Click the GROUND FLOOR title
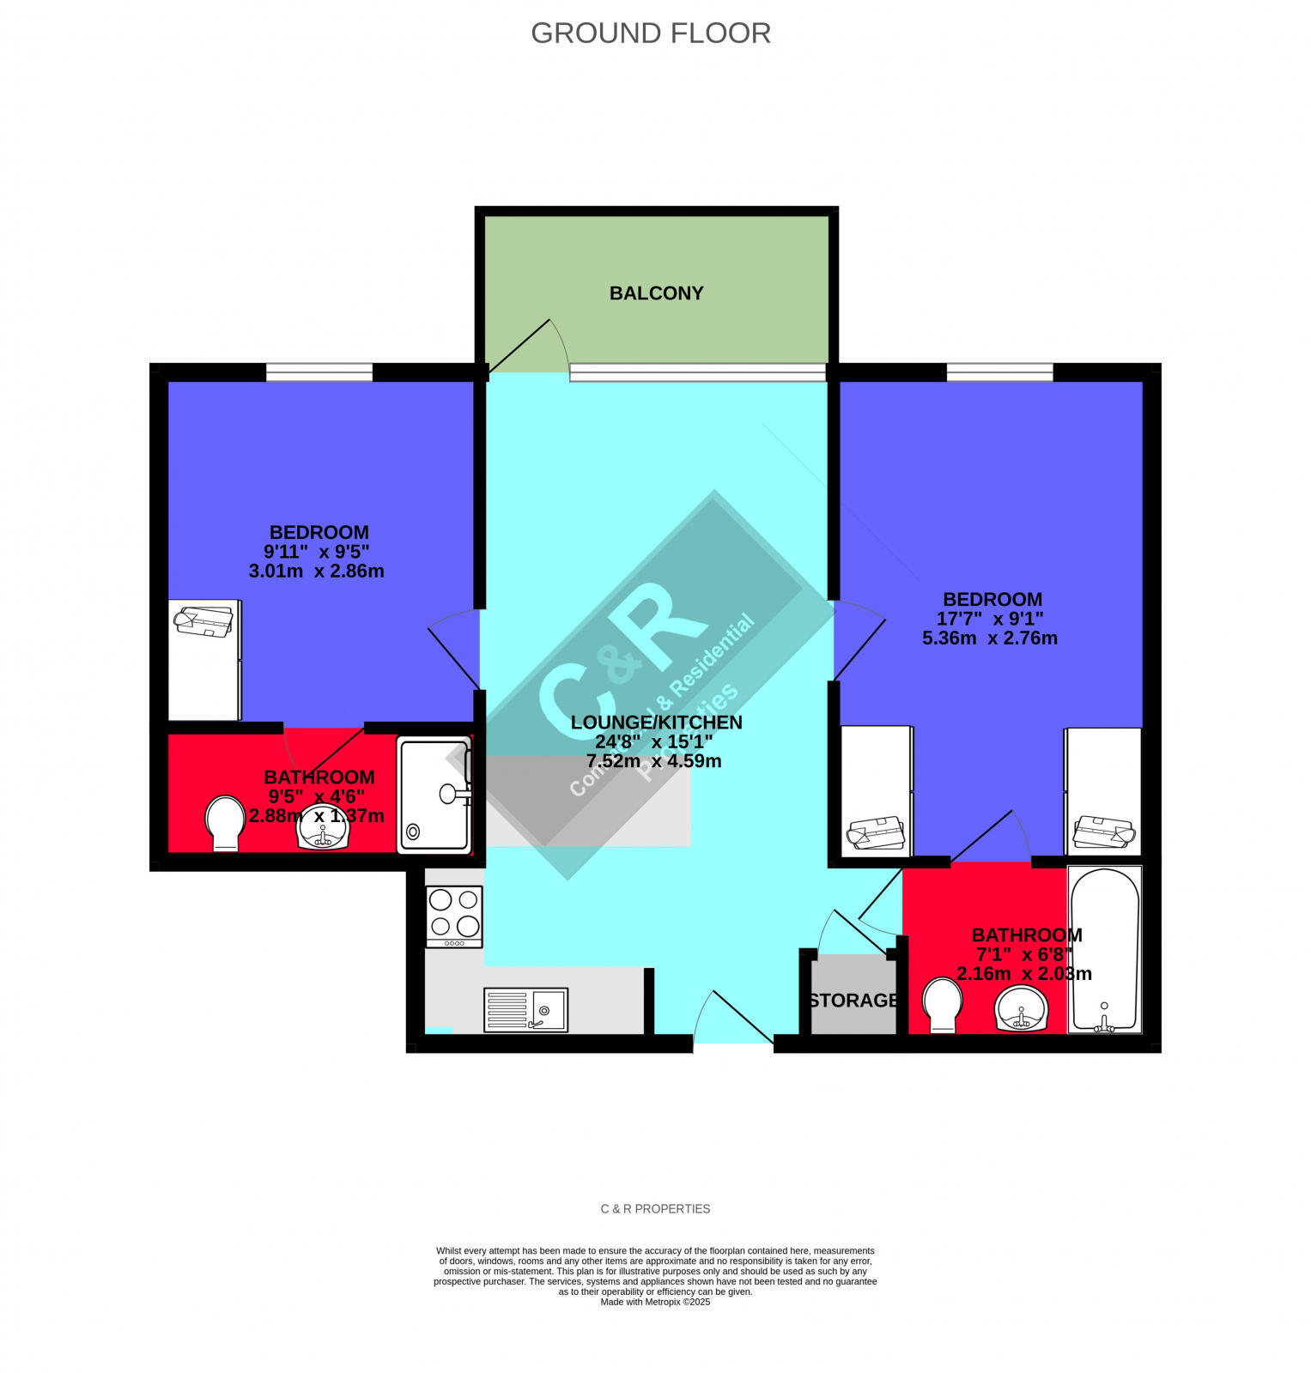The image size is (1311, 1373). click(650, 33)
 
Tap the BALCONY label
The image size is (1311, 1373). click(656, 293)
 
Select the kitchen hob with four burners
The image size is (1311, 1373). click(454, 916)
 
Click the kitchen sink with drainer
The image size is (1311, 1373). click(525, 1009)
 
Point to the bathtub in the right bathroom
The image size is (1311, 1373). click(1104, 949)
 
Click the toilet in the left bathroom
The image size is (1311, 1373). click(225, 823)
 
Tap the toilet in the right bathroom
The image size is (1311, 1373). click(943, 1006)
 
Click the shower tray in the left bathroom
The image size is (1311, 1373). click(434, 795)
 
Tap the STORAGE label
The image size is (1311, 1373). click(853, 1001)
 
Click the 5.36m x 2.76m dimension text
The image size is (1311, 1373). click(989, 638)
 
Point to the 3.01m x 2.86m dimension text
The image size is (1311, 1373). click(316, 572)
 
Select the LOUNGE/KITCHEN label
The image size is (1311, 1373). click(656, 723)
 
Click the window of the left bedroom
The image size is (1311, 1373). click(319, 372)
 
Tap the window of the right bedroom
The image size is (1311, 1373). click(999, 372)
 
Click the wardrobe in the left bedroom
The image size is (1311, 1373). click(204, 660)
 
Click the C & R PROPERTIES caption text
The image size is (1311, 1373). click(655, 1209)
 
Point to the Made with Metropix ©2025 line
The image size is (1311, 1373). click(655, 1302)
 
